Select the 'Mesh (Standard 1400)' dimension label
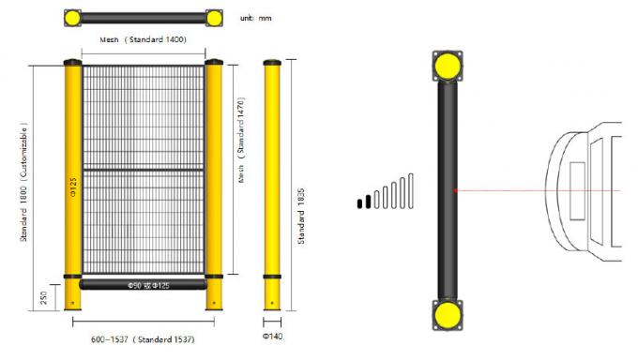pos(143,40)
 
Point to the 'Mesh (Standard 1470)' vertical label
pos(241,139)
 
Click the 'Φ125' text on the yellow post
pos(73,187)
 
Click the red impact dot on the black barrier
pos(455,191)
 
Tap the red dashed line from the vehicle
pos(535,191)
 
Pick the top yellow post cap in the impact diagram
pos(447,67)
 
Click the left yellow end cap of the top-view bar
pos(76,17)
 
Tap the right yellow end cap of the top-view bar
pos(213,17)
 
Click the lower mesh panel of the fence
pos(143,222)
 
